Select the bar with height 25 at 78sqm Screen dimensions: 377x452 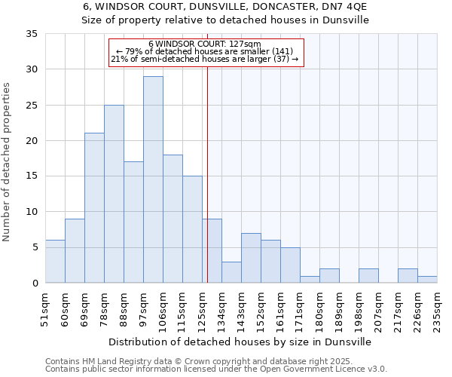(114, 194)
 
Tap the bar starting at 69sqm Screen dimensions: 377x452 (94, 208)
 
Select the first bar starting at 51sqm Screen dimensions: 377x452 (55, 262)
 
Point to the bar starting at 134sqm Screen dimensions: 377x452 (231, 272)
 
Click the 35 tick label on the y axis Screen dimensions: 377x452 (31, 34)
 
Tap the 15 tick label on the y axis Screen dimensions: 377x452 (31, 176)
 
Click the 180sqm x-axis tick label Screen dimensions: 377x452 (319, 308)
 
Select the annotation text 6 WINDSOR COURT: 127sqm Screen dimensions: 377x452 (205, 44)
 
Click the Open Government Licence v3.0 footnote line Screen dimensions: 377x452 (216, 369)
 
